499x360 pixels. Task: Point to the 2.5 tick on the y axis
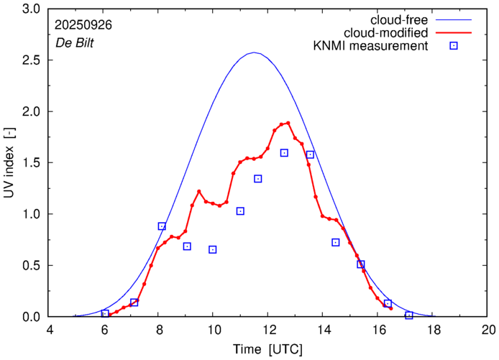coord(33,60)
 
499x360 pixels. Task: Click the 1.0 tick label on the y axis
coord(33,214)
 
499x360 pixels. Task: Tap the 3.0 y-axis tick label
coord(33,9)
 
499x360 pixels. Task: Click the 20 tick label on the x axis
coord(488,331)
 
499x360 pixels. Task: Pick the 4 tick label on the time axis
coord(50,331)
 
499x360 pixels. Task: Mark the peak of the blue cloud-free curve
coord(253,52)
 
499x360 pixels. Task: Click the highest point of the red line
coord(288,123)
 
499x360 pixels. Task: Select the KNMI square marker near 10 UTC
coord(213,249)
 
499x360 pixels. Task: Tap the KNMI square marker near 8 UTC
coord(162,226)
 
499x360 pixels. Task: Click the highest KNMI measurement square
coord(284,153)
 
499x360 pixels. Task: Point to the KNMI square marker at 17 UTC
coord(409,315)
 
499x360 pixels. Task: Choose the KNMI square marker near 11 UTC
coord(240,211)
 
